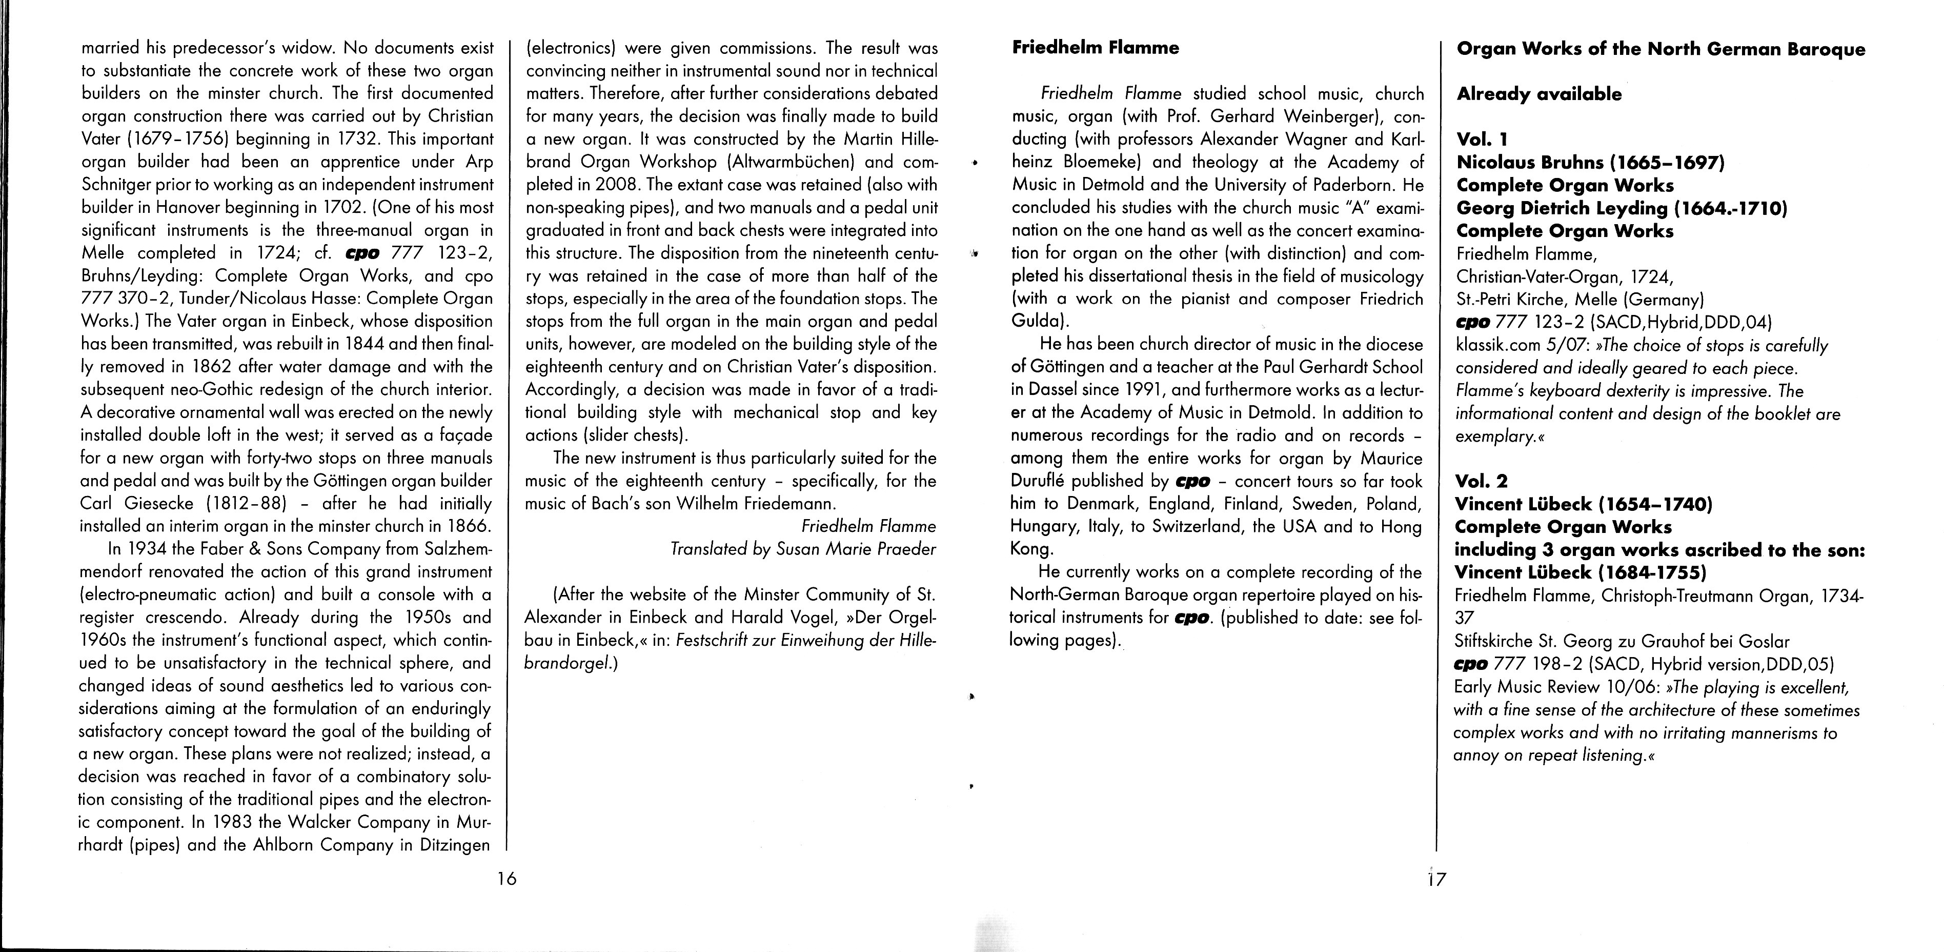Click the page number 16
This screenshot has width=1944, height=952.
coord(507,878)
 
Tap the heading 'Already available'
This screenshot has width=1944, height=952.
coord(1539,94)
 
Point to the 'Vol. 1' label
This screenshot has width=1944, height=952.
coord(1482,140)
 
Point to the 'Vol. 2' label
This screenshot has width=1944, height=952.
coord(1482,481)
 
